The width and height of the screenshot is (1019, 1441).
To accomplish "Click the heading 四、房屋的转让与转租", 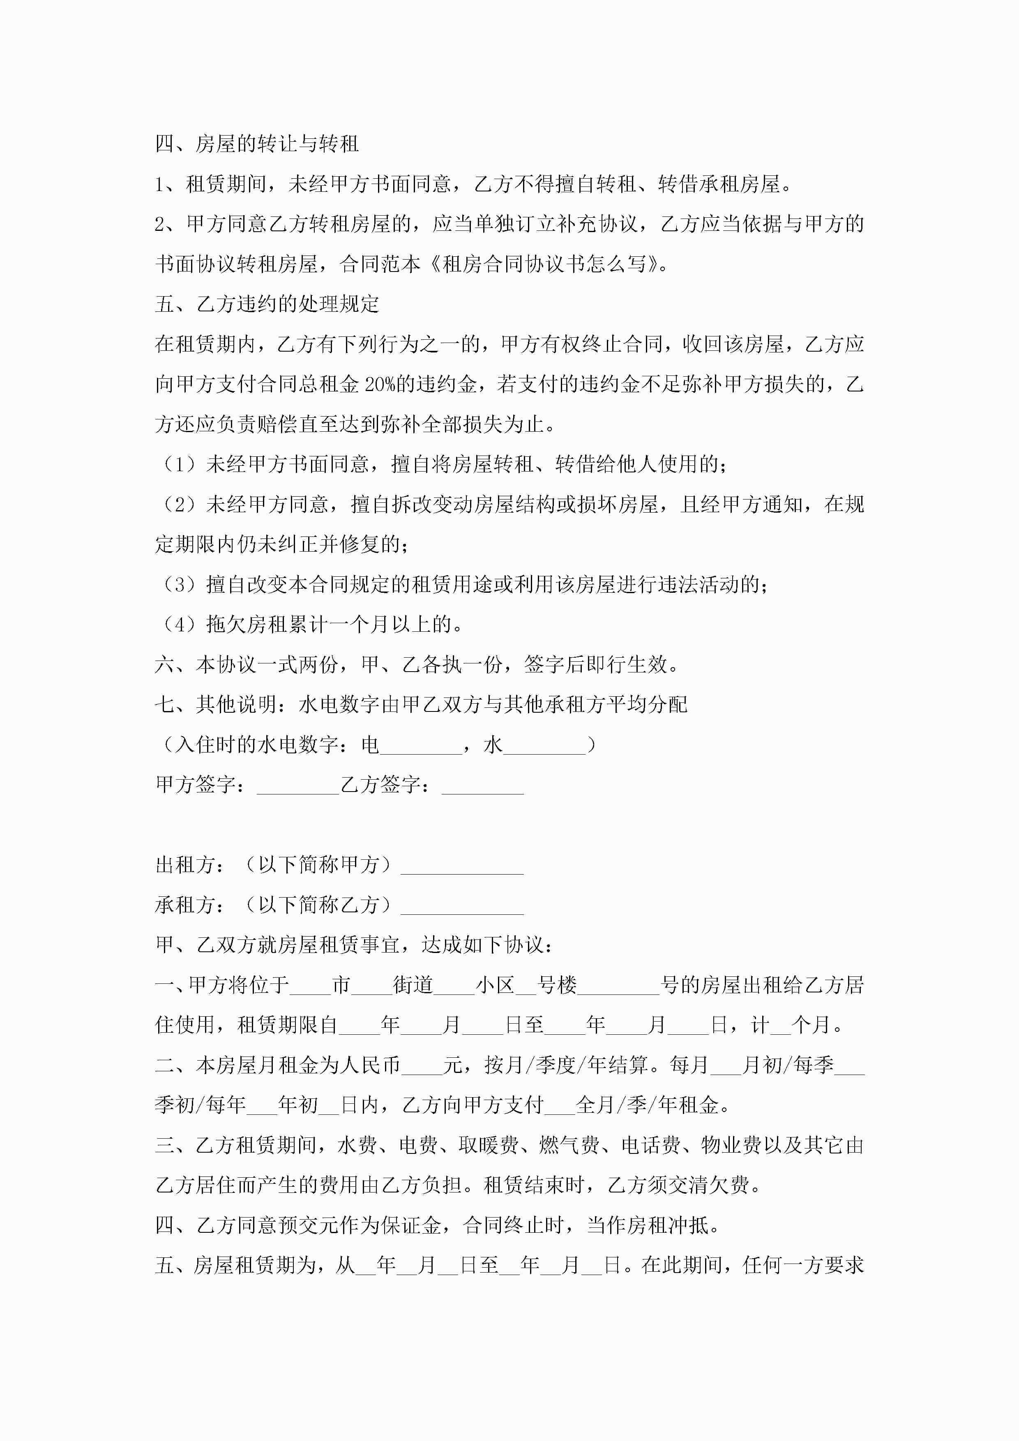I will click(257, 144).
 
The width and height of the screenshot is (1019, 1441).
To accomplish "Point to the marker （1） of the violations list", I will click(180, 465).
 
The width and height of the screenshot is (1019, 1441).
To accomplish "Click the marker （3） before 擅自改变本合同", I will click(180, 585).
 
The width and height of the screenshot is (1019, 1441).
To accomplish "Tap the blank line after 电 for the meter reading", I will click(421, 746).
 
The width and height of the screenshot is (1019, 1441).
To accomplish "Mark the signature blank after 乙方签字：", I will click(482, 786).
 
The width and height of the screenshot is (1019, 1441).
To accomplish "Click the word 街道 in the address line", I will click(413, 985).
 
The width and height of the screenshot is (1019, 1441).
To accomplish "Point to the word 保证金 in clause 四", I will click(410, 1225).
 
